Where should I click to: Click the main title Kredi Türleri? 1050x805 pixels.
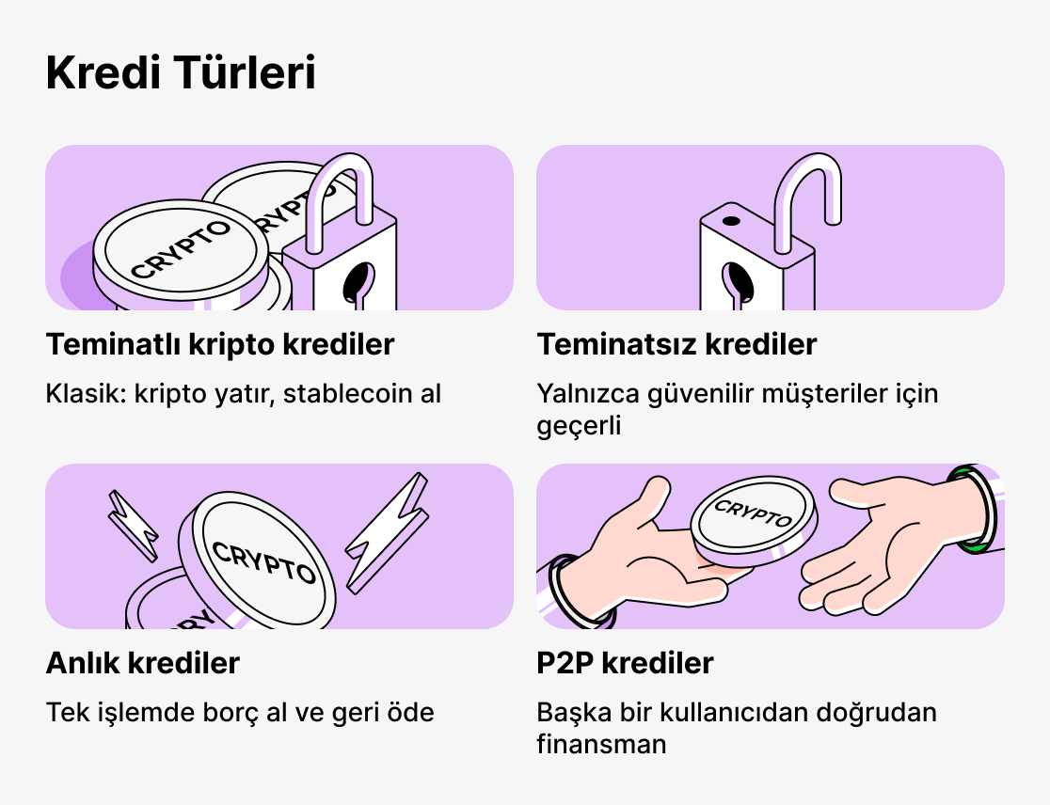point(181,74)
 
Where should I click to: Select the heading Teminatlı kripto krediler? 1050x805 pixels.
point(220,345)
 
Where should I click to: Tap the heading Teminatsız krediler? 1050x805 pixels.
point(676,345)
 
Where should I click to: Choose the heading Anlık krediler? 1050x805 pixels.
point(143,663)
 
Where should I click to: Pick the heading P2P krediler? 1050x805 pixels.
point(625,663)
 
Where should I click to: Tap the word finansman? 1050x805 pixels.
point(601,745)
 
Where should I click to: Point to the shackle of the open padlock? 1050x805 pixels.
point(806,188)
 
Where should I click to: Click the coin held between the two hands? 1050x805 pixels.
point(754,517)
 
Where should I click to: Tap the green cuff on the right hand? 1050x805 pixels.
point(974,508)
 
